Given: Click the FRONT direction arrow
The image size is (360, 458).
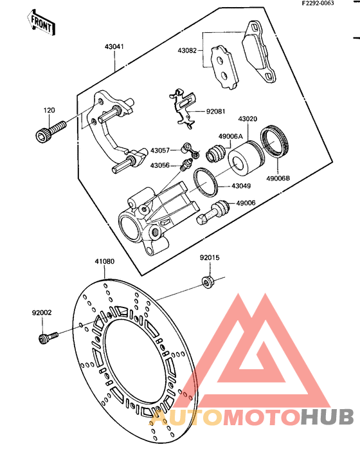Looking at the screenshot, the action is point(41,23).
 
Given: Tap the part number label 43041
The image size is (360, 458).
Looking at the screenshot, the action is point(114,46).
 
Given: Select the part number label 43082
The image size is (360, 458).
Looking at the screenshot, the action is point(187,50).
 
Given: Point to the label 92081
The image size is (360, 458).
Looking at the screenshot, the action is point(216,111).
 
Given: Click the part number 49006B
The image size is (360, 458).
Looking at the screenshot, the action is point(278,178).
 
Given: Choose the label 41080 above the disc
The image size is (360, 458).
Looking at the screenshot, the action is point(105,261).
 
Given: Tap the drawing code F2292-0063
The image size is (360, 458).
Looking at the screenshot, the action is point(318,3).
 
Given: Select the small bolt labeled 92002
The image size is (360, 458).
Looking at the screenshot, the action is point(48,338).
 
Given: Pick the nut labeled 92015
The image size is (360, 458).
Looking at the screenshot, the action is point(208,282).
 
